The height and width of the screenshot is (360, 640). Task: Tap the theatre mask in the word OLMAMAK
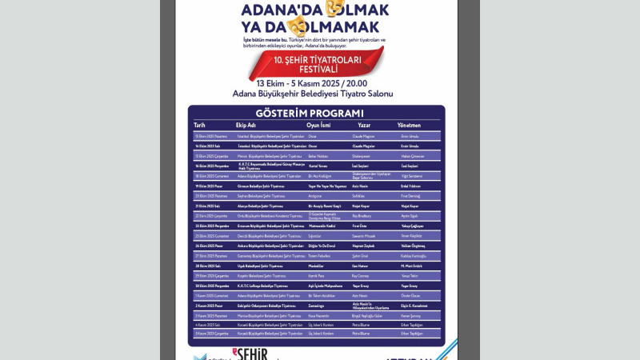[299, 27]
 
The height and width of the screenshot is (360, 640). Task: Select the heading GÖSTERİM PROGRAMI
[317, 114]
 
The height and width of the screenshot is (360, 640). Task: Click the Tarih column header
[199, 126]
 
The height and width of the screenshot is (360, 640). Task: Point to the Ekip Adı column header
[246, 126]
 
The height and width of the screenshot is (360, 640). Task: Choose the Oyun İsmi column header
[319, 126]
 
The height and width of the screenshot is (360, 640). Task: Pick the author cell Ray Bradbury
[365, 215]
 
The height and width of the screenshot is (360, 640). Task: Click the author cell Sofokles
[363, 195]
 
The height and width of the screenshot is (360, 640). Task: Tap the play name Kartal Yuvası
[319, 166]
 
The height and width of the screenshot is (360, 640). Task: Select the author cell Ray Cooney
[364, 275]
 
